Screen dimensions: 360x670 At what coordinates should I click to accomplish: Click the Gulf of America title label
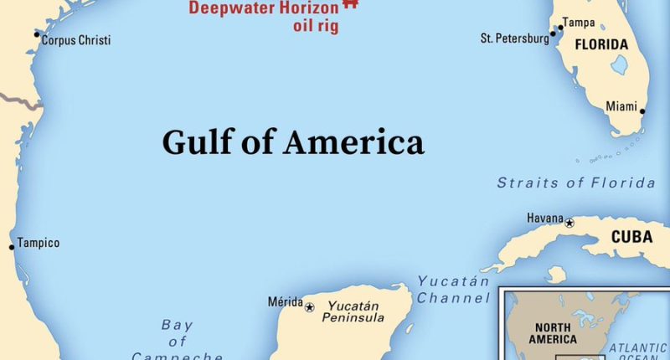[293, 141]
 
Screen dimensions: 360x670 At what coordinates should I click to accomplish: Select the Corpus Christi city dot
[37, 34]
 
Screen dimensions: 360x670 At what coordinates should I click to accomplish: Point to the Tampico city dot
[12, 247]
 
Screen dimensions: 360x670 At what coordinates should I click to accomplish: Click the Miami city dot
[642, 111]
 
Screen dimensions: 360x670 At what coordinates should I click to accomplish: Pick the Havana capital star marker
[569, 223]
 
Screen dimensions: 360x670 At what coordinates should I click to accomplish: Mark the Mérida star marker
[309, 307]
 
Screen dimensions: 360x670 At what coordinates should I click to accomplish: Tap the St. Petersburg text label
[513, 39]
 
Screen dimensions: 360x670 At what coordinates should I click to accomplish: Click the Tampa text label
[578, 23]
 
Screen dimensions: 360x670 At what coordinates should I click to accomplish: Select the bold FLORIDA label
[601, 44]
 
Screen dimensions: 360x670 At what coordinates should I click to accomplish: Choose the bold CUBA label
[631, 237]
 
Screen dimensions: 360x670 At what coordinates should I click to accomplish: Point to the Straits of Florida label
[576, 183]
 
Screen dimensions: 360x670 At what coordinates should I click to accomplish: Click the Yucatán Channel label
[453, 290]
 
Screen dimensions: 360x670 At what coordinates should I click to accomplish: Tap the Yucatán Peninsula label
[356, 312]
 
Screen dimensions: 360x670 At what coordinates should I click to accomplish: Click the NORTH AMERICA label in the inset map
[553, 333]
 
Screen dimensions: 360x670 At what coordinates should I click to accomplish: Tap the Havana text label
[545, 219]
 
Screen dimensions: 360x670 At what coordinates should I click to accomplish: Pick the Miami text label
[621, 105]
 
